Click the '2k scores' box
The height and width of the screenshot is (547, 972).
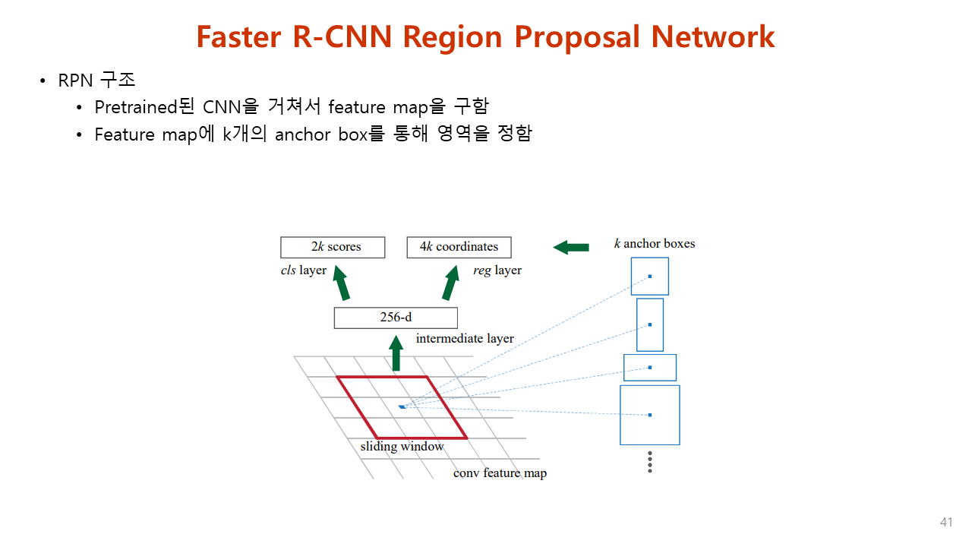coord(333,247)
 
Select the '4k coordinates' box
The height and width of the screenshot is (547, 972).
coord(459,247)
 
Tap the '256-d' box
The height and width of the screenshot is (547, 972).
coord(396,318)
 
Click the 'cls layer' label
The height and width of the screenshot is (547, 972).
coord(304,270)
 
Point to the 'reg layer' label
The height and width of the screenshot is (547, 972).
coord(497,270)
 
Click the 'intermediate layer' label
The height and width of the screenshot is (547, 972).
coord(465,339)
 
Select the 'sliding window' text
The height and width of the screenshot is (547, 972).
coord(402,447)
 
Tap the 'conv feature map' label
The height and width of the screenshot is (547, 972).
coord(500,473)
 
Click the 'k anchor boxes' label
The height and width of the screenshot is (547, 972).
coord(655,244)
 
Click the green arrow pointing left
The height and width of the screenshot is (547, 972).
coord(571,247)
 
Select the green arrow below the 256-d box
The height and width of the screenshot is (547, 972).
coord(396,355)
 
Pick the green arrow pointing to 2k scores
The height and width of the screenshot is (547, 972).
coord(341,283)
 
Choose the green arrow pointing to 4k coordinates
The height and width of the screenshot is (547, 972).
coord(451,283)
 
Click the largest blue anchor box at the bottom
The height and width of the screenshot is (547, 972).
coord(649,415)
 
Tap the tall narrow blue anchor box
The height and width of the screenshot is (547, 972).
coord(649,325)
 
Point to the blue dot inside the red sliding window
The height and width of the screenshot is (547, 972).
coord(402,407)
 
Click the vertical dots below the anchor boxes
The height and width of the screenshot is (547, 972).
coord(650,462)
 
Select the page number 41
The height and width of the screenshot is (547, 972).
coord(946,523)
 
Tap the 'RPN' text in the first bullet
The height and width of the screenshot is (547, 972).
coord(74,81)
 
